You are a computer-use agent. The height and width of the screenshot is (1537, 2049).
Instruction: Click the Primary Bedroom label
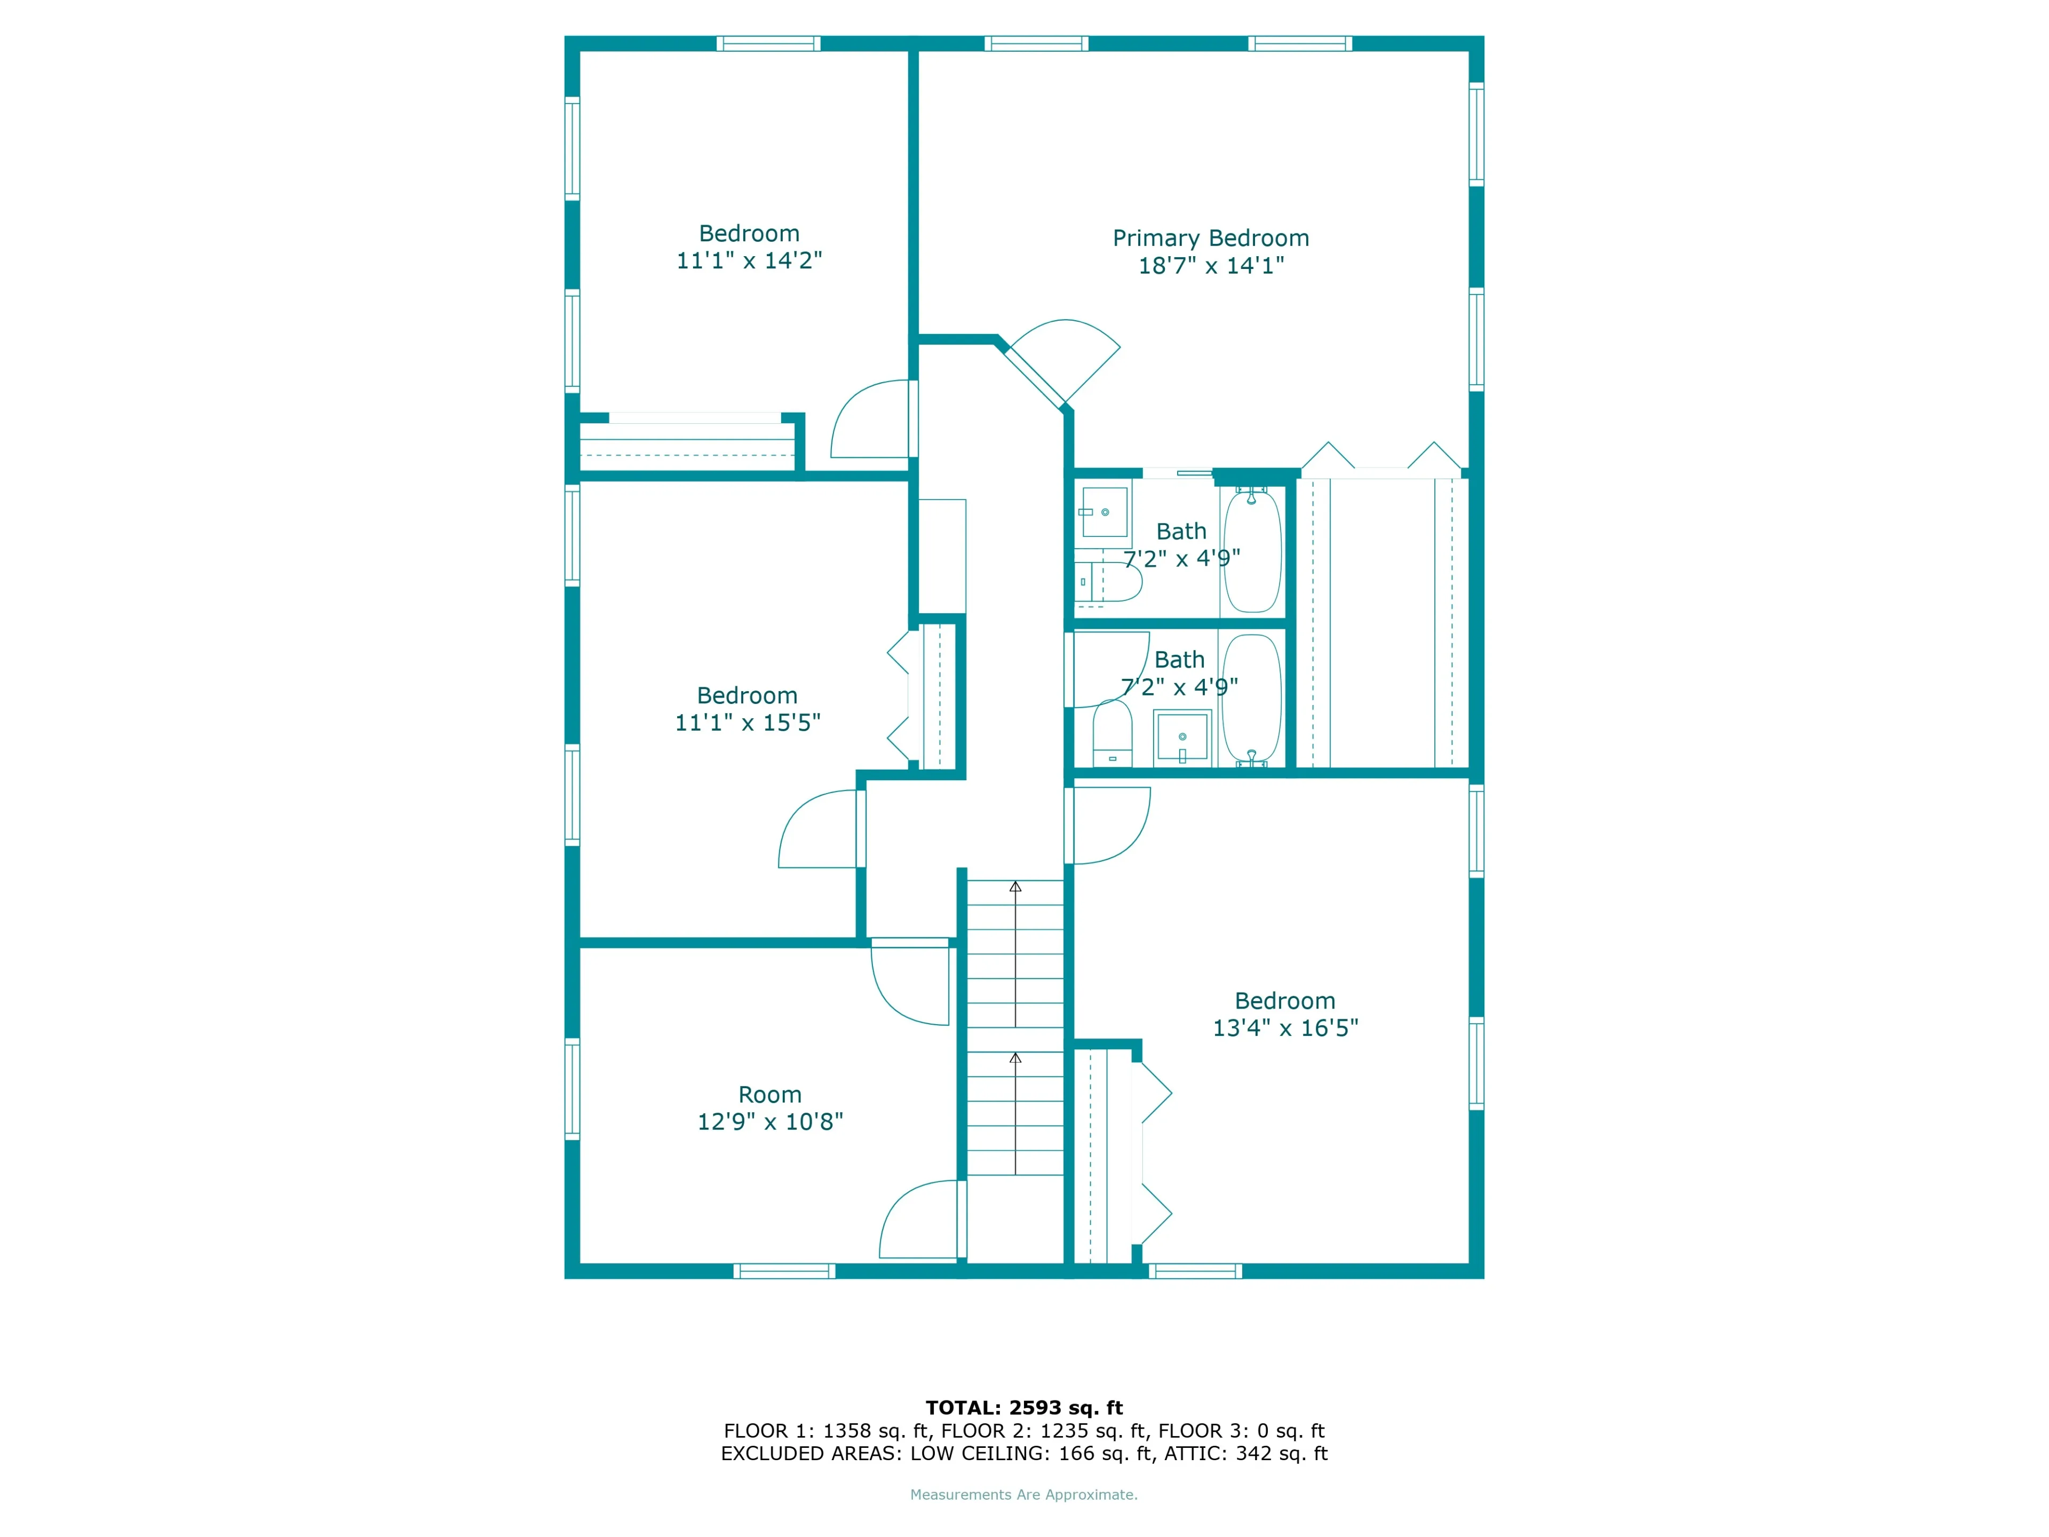1211,238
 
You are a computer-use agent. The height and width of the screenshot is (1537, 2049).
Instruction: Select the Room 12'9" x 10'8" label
770,1108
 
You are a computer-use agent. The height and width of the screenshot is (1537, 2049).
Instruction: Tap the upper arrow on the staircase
1015,888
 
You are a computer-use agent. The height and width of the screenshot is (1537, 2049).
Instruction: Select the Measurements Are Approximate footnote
1023,1494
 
